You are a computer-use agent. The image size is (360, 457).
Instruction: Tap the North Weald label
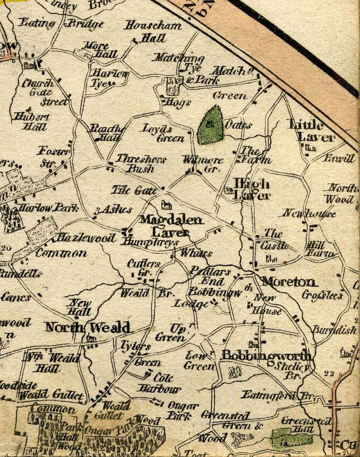coord(87,327)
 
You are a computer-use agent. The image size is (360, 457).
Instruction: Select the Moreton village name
coord(289,282)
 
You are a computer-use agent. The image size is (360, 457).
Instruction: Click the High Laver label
coord(252,189)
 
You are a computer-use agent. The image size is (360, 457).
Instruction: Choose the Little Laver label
coord(311,131)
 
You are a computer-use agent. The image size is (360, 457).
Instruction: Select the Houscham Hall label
coord(153,31)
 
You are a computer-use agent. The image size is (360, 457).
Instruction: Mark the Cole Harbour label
coord(159,383)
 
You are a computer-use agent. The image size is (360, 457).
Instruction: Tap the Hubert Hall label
coord(30,122)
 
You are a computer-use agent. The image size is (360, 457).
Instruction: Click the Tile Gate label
coord(134,191)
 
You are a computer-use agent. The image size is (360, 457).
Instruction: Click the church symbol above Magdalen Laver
coord(167,205)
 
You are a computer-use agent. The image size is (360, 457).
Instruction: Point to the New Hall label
coord(80,307)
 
